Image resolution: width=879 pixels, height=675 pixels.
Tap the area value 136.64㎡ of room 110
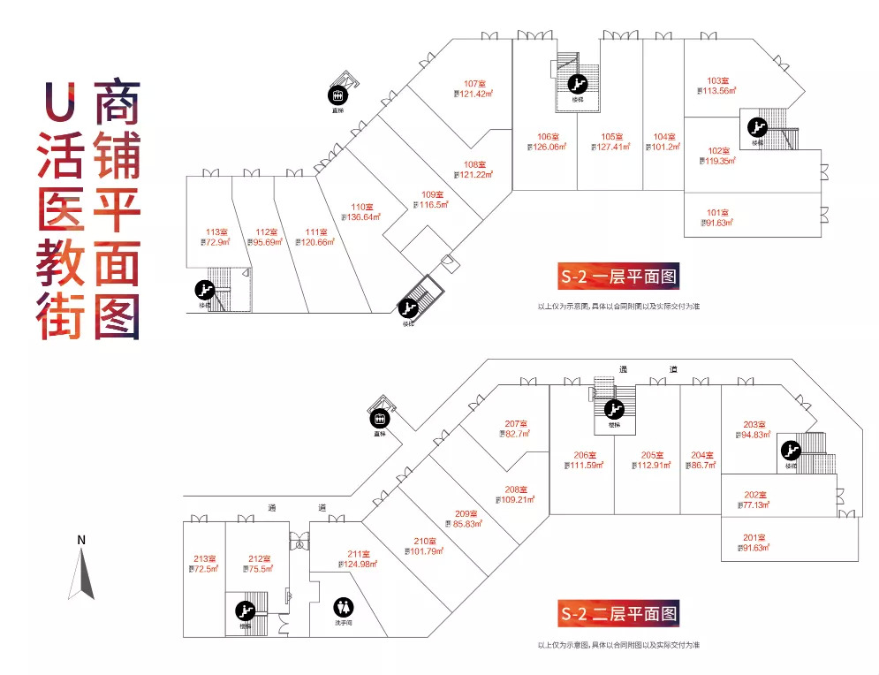(361, 216)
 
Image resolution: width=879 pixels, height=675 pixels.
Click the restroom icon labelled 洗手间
(343, 608)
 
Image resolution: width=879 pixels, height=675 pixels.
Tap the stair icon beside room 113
(205, 290)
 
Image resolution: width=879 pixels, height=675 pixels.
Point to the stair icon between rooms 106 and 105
(578, 86)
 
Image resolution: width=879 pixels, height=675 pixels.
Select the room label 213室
(204, 557)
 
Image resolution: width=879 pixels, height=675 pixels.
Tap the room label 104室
(664, 137)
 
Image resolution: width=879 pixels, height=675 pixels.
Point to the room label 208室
(516, 489)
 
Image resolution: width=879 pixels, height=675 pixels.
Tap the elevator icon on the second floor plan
(381, 418)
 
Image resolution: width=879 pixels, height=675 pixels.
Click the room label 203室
(754, 424)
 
